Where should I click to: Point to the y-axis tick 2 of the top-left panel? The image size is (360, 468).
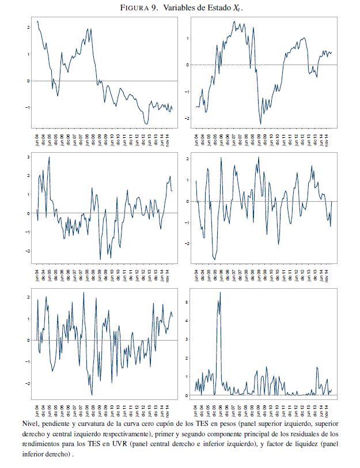[x=28, y=27]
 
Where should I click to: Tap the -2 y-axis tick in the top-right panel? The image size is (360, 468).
[x=188, y=118]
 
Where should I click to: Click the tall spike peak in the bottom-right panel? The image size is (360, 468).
[x=220, y=293]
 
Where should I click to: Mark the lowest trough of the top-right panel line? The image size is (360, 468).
[x=260, y=123]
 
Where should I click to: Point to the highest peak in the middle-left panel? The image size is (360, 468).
[x=49, y=157]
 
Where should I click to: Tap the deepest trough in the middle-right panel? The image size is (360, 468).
[x=215, y=259]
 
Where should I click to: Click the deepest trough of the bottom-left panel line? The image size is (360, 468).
[x=92, y=394]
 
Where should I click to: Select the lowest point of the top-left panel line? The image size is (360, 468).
[x=147, y=124]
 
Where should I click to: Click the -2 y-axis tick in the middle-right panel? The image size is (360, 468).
[x=188, y=243]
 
